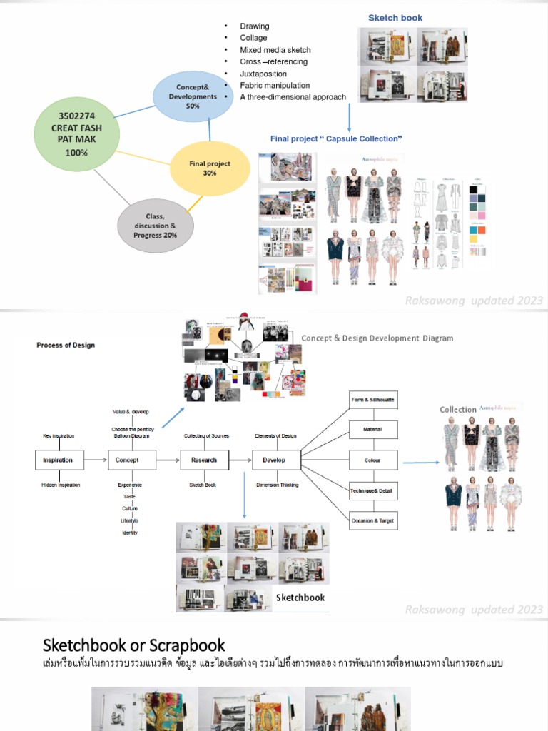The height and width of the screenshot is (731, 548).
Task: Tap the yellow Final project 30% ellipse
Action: [209, 168]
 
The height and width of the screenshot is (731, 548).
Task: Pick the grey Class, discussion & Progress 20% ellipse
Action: [155, 226]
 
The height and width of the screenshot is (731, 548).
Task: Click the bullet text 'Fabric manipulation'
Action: [275, 85]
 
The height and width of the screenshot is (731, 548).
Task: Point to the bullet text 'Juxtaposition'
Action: [263, 74]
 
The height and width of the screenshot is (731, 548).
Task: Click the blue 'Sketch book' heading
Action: [395, 18]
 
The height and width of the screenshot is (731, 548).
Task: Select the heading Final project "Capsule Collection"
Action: [336, 138]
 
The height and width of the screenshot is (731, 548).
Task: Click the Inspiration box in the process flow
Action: [59, 460]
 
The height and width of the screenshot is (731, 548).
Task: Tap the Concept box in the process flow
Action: [131, 460]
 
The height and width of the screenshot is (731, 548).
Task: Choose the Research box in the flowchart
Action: [204, 460]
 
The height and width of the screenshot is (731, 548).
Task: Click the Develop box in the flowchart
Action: [276, 460]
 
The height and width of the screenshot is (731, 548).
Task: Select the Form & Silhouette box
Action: [372, 400]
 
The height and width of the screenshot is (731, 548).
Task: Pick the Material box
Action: [372, 430]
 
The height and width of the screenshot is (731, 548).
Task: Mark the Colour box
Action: [372, 460]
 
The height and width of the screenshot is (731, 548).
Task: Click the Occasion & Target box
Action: [372, 521]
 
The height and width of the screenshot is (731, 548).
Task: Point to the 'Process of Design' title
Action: [66, 345]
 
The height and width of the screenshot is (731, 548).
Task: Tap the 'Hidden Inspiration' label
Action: [61, 485]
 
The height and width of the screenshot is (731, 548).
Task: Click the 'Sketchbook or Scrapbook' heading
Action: [134, 645]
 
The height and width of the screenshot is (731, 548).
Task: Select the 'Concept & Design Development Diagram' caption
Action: [377, 338]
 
